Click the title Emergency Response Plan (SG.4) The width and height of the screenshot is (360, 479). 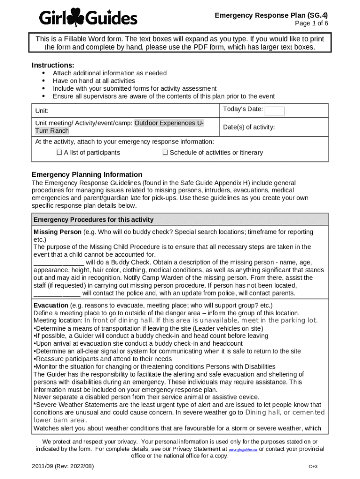coord(271,15)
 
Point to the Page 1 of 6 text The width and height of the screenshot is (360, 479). coord(311,23)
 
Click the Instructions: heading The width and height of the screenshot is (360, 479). coord(53,65)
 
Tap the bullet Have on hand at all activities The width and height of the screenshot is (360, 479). coord(94,81)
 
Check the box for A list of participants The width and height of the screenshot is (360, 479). coord(59,152)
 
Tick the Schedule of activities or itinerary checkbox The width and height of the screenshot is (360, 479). coord(165,152)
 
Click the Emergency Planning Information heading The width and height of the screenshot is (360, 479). coord(87,174)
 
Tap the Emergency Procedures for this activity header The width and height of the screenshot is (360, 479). coord(94,220)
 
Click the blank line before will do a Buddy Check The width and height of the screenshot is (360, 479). coord(58,262)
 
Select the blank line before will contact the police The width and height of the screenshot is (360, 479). coord(57,293)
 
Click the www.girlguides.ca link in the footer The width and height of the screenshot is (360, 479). coord(243,449)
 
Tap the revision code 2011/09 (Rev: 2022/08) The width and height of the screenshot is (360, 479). coord(63,467)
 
